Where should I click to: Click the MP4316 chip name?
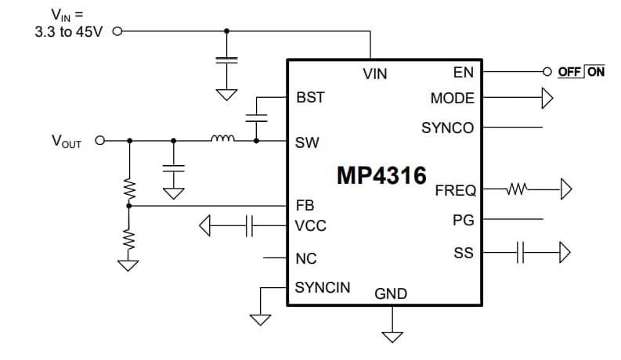click(381, 175)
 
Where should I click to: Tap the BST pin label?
click(310, 99)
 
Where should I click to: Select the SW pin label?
click(307, 143)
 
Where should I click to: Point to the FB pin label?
click(305, 206)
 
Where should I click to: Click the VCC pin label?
click(311, 226)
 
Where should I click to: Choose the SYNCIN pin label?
click(322, 288)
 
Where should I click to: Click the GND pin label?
click(391, 294)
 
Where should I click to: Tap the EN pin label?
click(464, 73)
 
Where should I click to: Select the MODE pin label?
click(453, 99)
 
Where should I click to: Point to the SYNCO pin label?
click(447, 128)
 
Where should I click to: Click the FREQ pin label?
click(455, 191)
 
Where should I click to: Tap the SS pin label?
click(464, 253)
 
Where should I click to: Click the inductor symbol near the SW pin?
click(222, 140)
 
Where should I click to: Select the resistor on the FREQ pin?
click(519, 189)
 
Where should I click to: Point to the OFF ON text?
click(581, 71)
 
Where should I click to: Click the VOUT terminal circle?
click(99, 142)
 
